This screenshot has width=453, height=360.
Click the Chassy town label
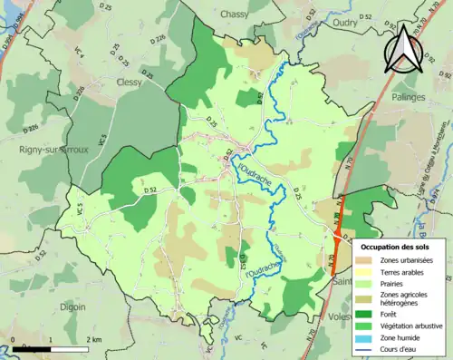pyautogui.click(x=236, y=15)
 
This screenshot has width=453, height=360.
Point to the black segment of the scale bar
pyautogui.click(x=32, y=347)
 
